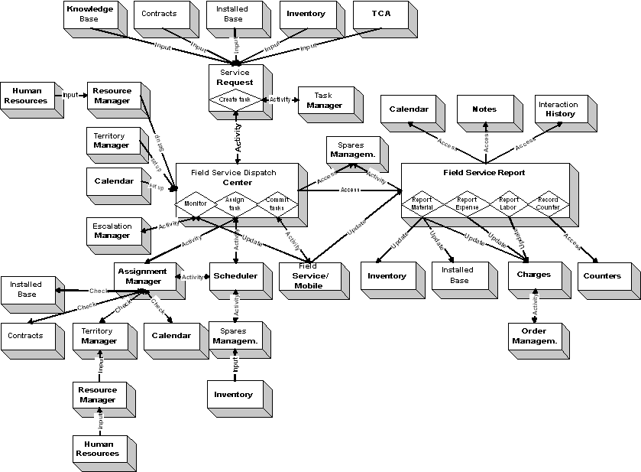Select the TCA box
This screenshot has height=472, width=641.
pyautogui.click(x=379, y=15)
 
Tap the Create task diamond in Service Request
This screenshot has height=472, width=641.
pyautogui.click(x=235, y=99)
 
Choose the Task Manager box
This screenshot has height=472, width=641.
pyautogui.click(x=325, y=101)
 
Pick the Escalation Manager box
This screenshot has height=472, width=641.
pyautogui.click(x=112, y=231)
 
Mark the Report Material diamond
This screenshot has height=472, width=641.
pyautogui.click(x=422, y=204)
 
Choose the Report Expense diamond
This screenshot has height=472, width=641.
pyautogui.click(x=467, y=204)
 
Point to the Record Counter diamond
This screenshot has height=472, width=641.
pyautogui.click(x=548, y=204)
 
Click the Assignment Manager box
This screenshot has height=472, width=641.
pyautogui.click(x=142, y=276)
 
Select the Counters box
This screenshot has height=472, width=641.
pyautogui.click(x=602, y=275)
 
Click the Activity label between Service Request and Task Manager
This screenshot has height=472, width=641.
pyautogui.click(x=280, y=99)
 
